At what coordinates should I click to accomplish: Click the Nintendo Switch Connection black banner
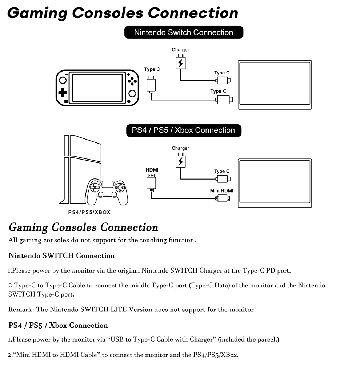(x=184, y=32)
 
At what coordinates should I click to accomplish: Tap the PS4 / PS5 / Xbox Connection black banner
(x=184, y=130)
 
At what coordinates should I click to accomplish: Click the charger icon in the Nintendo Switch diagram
(x=181, y=62)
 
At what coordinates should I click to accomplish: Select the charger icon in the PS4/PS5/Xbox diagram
(x=181, y=160)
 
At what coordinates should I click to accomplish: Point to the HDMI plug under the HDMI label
(x=151, y=183)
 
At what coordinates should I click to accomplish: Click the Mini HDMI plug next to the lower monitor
(x=223, y=198)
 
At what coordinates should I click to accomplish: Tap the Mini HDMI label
(x=221, y=190)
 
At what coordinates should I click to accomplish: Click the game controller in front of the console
(x=107, y=192)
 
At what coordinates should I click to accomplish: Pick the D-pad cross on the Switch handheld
(x=63, y=93)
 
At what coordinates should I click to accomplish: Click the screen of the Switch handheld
(x=97, y=88)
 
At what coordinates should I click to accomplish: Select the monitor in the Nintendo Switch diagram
(x=275, y=85)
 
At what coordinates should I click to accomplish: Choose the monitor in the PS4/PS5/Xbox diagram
(x=275, y=183)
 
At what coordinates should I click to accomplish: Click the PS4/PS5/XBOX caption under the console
(x=89, y=212)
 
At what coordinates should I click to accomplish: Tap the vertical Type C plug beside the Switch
(x=151, y=85)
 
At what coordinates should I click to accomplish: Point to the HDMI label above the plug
(x=152, y=170)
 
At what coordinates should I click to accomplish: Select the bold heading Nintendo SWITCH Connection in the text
(x=61, y=255)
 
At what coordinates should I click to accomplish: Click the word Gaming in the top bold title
(x=37, y=13)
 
